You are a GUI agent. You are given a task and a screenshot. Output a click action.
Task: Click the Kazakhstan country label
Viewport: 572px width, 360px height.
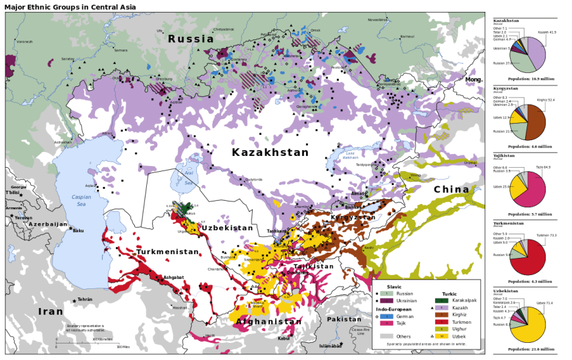click(270, 153)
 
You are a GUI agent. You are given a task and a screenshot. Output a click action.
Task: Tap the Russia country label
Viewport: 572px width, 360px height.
click(191, 39)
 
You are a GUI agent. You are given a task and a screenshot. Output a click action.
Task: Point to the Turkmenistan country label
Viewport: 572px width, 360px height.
click(167, 252)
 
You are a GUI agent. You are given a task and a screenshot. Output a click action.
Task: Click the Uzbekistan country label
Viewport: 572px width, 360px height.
click(227, 228)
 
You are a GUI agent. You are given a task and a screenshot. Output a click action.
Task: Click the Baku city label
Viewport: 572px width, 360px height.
click(78, 231)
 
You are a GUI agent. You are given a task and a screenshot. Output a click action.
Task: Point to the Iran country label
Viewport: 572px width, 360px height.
click(50, 311)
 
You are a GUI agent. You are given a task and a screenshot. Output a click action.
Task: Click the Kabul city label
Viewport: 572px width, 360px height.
click(284, 338)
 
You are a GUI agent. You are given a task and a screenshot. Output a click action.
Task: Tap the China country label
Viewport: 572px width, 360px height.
click(452, 190)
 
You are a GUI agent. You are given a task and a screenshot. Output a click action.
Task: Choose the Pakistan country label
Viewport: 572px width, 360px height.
click(344, 319)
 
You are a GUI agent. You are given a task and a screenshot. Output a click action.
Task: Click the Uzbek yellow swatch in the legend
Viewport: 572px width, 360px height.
click(442, 336)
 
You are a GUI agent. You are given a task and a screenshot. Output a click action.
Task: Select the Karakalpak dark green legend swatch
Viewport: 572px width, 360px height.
click(442, 300)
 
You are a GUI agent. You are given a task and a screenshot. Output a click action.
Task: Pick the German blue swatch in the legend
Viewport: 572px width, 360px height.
click(386, 316)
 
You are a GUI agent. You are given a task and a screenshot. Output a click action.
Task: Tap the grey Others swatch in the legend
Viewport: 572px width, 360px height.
click(386, 336)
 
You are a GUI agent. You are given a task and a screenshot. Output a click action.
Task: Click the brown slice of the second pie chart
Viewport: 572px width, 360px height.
click(536, 122)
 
